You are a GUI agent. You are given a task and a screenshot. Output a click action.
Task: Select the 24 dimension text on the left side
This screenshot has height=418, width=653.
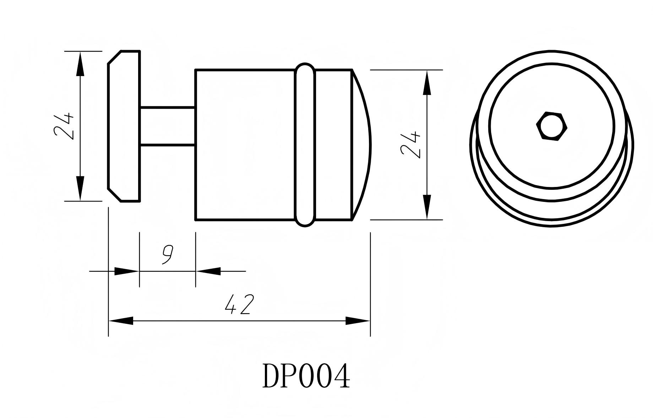coord(64,126)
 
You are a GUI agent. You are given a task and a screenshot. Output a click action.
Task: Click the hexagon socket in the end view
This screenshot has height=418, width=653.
coord(551,126)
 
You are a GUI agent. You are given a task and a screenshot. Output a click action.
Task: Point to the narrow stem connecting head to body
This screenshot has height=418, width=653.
coord(168,126)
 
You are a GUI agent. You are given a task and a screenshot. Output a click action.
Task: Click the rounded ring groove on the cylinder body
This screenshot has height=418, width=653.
coord(305,145)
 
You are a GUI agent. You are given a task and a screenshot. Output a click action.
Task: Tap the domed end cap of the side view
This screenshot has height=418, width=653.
coord(361,145)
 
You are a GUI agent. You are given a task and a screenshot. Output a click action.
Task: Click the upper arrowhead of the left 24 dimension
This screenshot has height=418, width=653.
coord(81,64)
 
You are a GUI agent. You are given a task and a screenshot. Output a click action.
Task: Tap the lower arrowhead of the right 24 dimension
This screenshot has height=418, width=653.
coord(427,207)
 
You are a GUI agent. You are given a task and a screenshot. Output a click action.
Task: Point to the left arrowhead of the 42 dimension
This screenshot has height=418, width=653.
coord(121,321)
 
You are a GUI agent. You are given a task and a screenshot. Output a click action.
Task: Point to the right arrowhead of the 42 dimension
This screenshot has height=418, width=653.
coord(358,321)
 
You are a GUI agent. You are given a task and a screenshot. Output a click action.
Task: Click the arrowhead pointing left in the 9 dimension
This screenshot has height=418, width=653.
coord(208,271)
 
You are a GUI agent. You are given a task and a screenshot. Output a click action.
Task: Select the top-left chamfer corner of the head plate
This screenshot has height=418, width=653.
coord(115,57)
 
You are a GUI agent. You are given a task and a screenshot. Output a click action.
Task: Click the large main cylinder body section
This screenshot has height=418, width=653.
coord(245,145)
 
